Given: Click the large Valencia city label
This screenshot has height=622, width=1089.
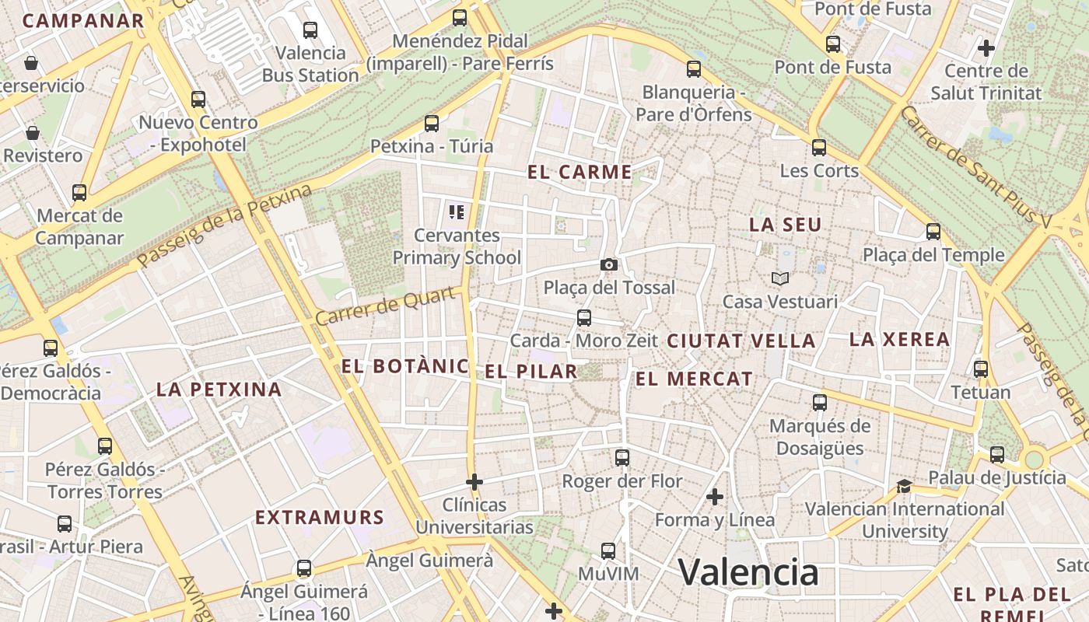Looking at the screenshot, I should [748, 572].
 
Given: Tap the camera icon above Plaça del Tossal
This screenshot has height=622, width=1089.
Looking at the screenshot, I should [609, 264].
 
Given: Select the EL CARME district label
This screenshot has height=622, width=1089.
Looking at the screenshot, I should [580, 172].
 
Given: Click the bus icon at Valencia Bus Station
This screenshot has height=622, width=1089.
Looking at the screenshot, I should [310, 30].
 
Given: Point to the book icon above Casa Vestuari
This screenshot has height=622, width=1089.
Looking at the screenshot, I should [779, 278].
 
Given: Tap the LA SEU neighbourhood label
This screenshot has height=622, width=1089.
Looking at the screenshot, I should [785, 225].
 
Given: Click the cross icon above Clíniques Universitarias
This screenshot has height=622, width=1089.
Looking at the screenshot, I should [474, 482].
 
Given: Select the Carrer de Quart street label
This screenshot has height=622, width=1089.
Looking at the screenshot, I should [384, 306].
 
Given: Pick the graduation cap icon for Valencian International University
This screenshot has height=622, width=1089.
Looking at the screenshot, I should [904, 487].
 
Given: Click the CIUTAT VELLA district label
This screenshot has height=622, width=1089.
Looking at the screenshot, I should [741, 341].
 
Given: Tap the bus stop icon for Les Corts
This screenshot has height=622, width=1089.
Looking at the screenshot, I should [819, 147].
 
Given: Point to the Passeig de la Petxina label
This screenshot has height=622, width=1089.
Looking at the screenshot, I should [225, 226].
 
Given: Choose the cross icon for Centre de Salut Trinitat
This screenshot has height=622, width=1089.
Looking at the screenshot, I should [986, 48].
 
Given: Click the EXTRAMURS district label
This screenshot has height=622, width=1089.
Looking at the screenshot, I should [320, 517].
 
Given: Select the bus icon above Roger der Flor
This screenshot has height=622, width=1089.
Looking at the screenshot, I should [622, 458].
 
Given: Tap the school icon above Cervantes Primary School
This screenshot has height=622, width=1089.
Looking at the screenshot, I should [457, 211].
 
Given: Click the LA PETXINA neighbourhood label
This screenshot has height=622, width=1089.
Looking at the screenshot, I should [219, 390].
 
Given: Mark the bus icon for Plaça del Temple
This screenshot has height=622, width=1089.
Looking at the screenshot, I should [933, 232].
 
